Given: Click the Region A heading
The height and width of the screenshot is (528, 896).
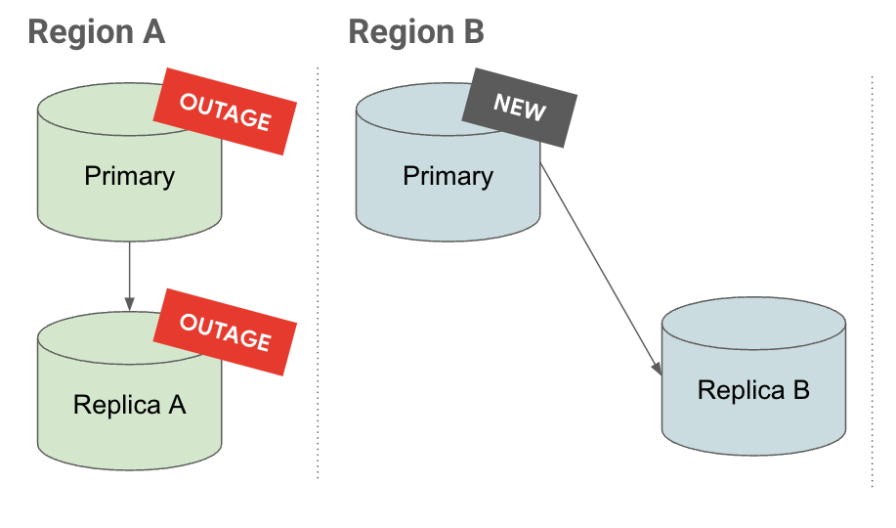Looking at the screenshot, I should pos(96,32).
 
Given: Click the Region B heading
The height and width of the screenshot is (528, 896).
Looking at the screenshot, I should pos(416,32).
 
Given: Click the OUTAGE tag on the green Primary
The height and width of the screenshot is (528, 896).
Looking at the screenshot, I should pos(226,110).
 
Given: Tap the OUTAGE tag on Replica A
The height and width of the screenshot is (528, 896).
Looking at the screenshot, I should pos(226,331).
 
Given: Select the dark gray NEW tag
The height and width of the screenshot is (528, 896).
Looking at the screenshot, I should pos(519,108).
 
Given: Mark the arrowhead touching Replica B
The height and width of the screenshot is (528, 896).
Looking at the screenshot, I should pos(657,368).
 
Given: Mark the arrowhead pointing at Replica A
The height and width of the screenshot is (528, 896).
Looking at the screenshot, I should pos(129,300).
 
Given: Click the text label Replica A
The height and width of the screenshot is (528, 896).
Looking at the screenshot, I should pos(129,404).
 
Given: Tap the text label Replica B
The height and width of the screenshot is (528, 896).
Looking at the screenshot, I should pos(753,391).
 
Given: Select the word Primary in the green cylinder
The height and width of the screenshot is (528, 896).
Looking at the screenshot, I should pos(129,176).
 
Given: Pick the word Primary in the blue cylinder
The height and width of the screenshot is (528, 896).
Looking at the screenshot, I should pos(448,176).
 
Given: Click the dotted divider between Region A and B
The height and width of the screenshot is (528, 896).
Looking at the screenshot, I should pos(318,274).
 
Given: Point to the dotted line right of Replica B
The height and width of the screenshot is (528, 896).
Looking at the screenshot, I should pos(872,284).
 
